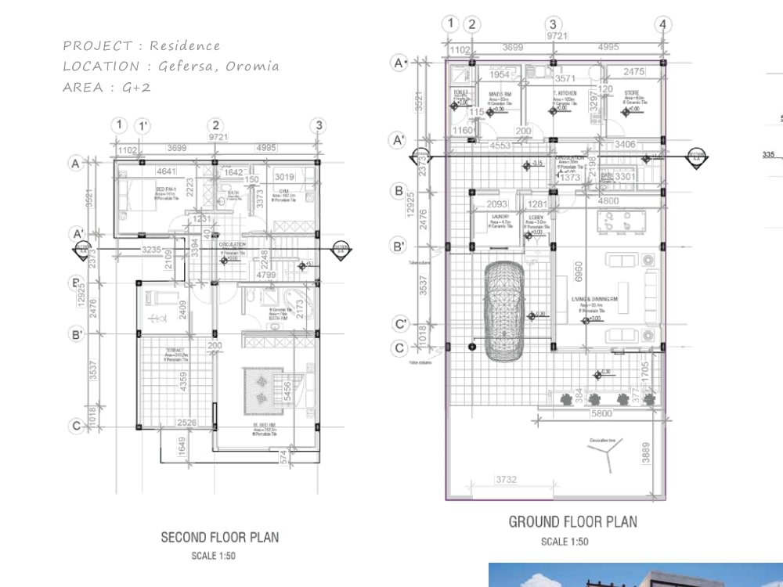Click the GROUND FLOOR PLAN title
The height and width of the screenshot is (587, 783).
tap(572, 522)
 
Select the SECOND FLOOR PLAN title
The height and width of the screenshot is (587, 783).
tap(219, 537)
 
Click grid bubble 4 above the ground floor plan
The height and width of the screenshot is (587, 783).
tap(663, 24)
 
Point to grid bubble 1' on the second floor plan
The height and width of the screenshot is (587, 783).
tap(143, 125)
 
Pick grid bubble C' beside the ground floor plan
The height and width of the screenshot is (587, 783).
tap(400, 323)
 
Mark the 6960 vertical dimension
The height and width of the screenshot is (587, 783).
tap(579, 272)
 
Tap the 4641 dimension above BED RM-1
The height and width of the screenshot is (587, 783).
tap(166, 171)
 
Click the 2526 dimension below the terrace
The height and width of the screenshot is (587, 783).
tap(186, 423)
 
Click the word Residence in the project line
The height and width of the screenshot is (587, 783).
tap(186, 45)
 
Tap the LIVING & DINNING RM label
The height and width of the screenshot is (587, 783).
tap(594, 300)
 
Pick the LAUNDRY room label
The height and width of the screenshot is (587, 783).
tap(500, 217)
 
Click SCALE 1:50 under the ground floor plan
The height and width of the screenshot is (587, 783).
tap(565, 542)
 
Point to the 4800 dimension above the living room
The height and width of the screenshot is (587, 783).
tap(608, 200)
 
